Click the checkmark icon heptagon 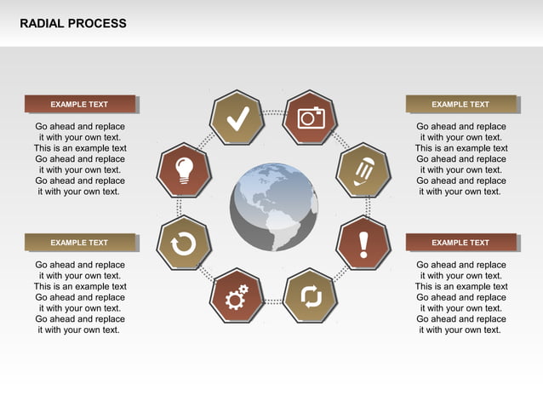(237, 118)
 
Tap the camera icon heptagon (311, 118)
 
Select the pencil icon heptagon (363, 170)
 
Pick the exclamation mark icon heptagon (363, 244)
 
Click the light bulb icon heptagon (184, 170)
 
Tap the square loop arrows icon (311, 296)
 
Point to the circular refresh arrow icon (184, 244)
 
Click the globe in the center (274, 207)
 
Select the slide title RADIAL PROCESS (73, 24)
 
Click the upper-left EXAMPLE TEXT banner (79, 104)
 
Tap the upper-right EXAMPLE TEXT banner (460, 104)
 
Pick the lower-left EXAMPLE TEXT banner (79, 243)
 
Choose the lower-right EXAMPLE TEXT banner (460, 243)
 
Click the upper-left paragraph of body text (80, 159)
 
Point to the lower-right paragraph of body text (461, 297)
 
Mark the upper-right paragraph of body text (461, 159)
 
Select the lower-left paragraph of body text (80, 297)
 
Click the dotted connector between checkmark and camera (274, 112)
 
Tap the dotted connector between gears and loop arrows (274, 301)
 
